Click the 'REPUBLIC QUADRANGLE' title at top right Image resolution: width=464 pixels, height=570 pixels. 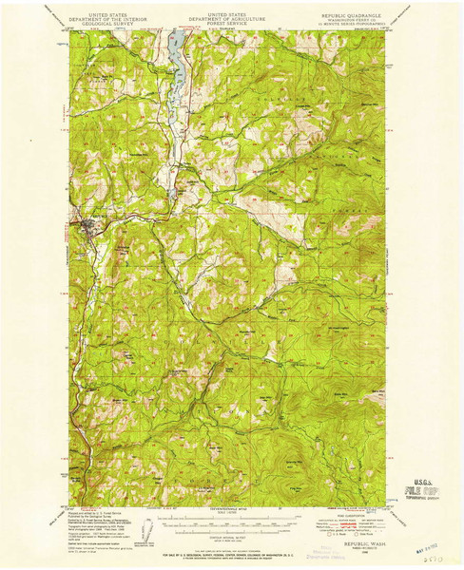[x=353, y=16]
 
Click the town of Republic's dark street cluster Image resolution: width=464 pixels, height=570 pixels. [x=88, y=226]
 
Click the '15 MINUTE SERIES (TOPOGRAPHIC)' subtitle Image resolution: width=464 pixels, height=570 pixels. [x=353, y=27]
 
